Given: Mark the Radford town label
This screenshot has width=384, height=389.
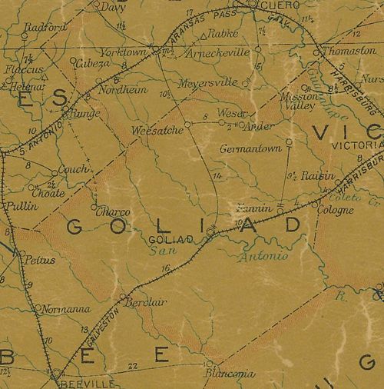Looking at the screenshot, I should click(x=42, y=26).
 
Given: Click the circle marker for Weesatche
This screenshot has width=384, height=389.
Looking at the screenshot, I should click(x=187, y=123).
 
